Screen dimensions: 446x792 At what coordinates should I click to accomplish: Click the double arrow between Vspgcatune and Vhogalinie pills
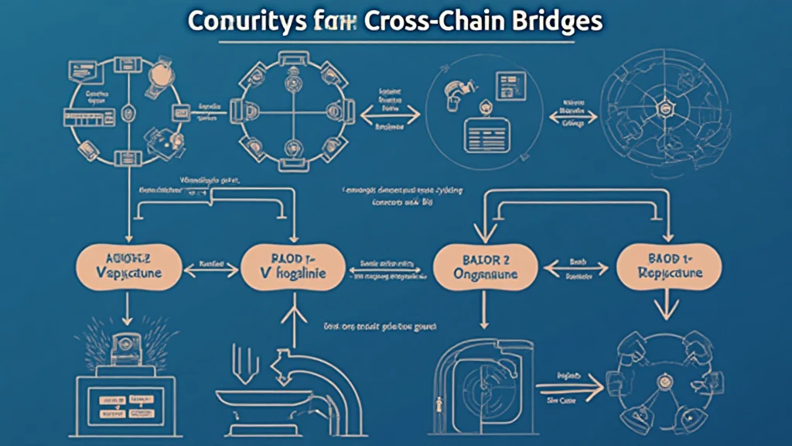[x=210, y=266]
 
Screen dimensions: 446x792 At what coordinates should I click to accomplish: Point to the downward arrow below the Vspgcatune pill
[x=126, y=314]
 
